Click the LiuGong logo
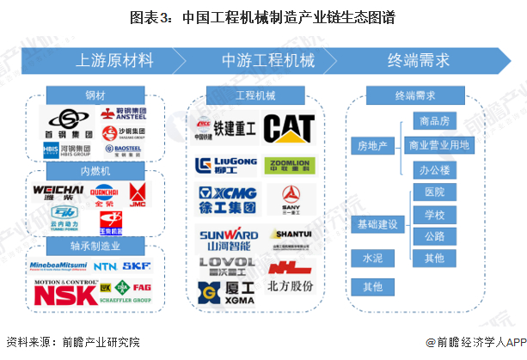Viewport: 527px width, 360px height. (226, 165)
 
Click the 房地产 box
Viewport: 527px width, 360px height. (372, 146)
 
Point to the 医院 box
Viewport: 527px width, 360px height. (433, 192)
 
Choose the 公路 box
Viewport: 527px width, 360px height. (433, 236)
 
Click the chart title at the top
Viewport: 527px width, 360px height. (263, 16)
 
